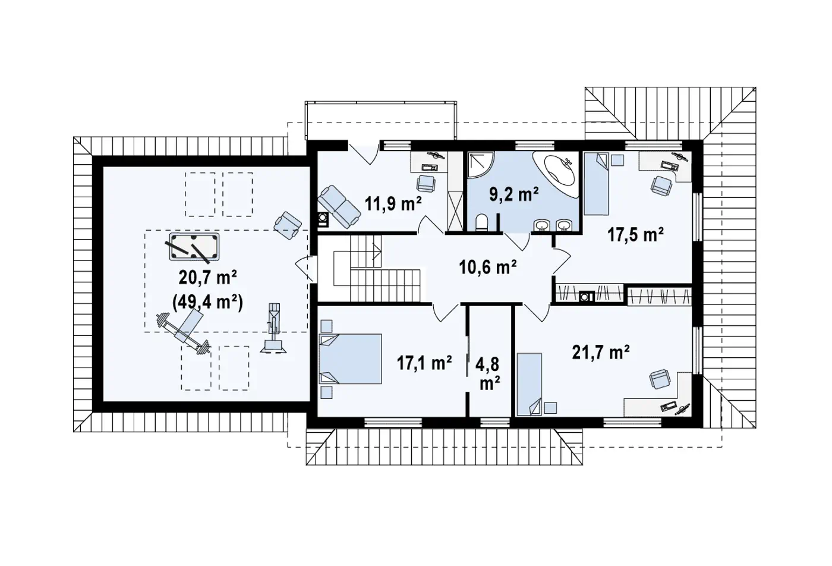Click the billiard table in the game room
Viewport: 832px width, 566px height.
[x=194, y=246]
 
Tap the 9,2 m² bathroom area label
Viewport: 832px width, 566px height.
[x=513, y=194]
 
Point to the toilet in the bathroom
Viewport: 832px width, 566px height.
[x=481, y=222]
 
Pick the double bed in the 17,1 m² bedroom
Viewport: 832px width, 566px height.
[x=350, y=359]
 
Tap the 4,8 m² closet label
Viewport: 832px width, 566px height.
[x=490, y=374]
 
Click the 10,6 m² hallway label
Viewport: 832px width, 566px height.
[x=488, y=267]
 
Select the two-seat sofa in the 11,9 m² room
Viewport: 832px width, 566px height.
[x=339, y=207]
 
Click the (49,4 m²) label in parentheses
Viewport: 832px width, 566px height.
[x=207, y=302]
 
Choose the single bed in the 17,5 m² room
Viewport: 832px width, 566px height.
[x=596, y=185]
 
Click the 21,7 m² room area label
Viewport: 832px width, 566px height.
[x=601, y=352]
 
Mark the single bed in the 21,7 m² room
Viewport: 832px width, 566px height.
[x=530, y=384]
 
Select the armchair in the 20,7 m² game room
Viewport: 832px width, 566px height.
[x=288, y=225]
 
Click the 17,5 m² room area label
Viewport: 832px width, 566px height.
[x=635, y=234]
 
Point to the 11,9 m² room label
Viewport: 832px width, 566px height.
[x=393, y=203]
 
